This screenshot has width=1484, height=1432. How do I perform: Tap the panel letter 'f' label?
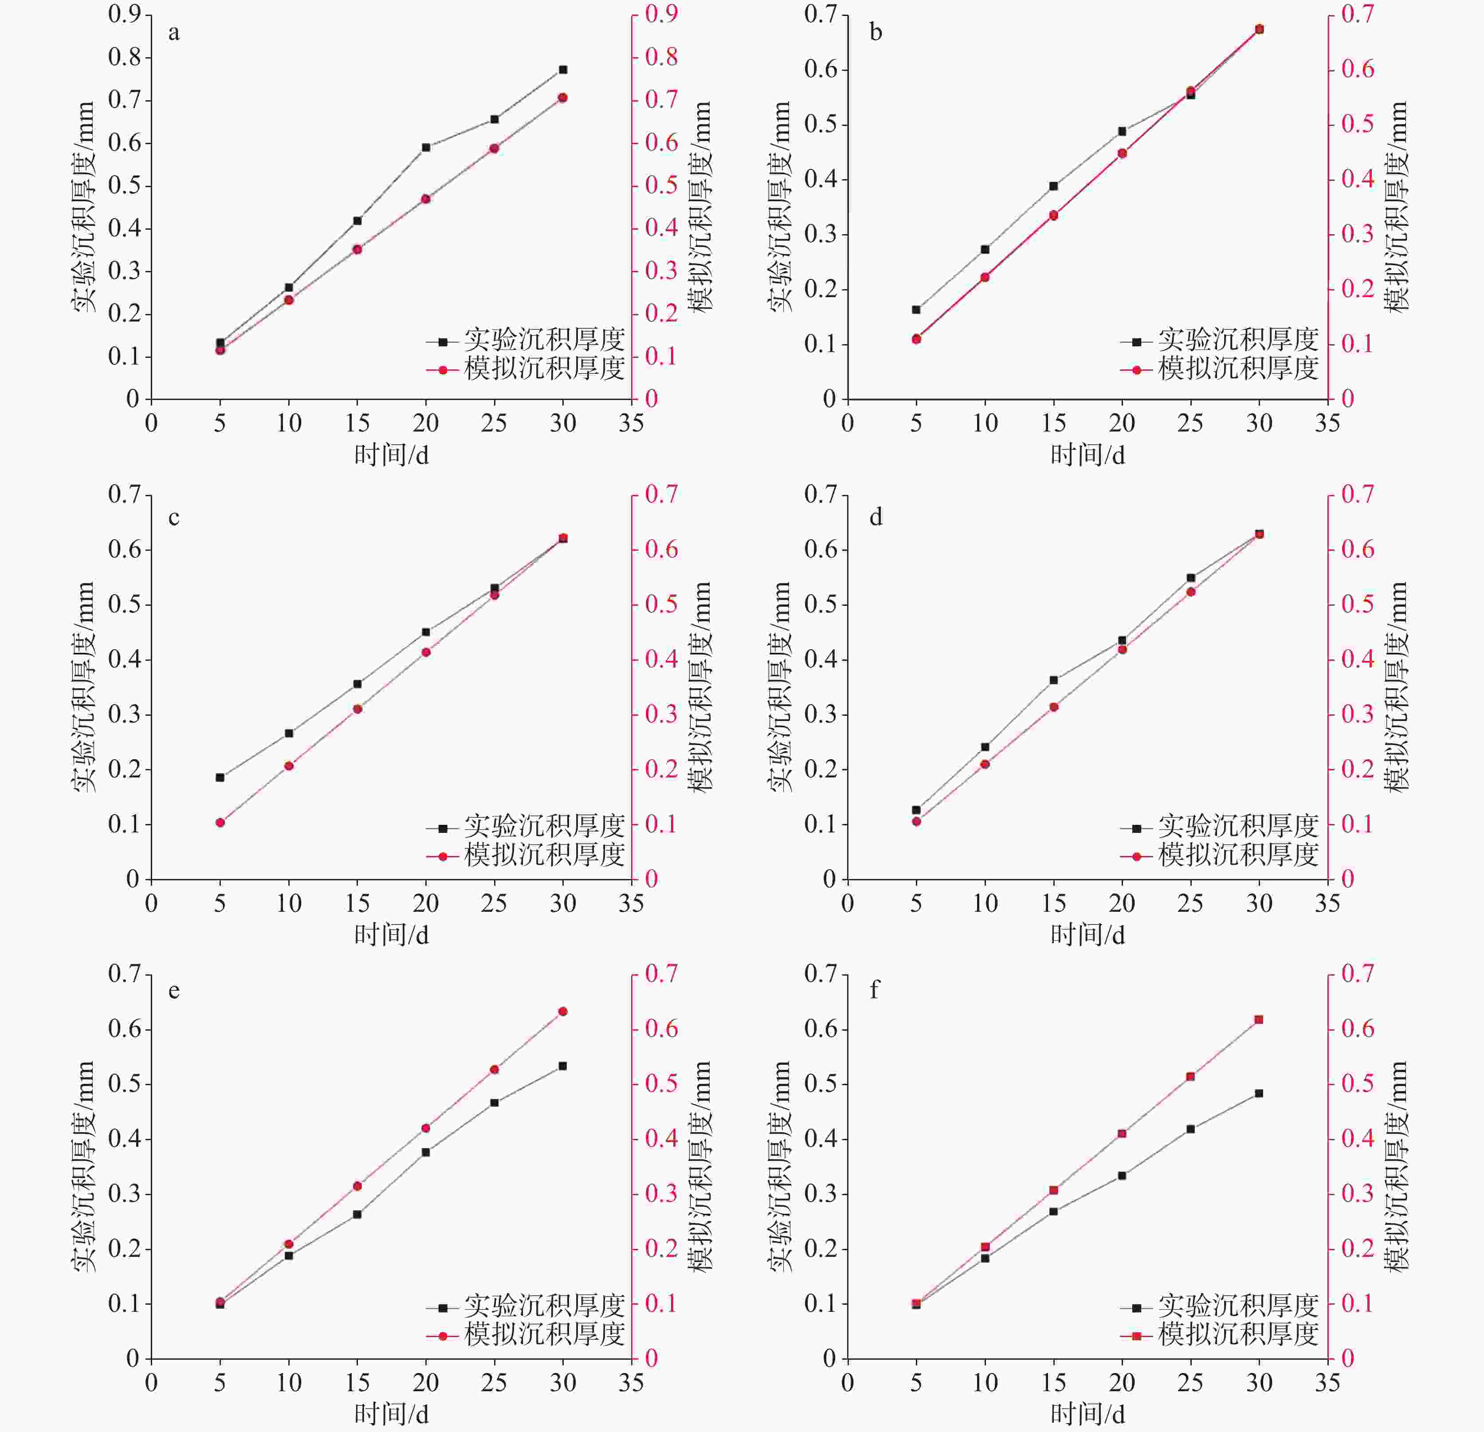875,990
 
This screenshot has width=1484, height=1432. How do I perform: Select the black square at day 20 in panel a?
425,147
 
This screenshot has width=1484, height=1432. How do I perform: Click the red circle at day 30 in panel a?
562,98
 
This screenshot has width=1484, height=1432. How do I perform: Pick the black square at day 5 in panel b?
916,309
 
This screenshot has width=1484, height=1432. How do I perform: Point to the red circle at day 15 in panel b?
1053,215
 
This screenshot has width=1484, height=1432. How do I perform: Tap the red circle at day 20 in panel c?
425,652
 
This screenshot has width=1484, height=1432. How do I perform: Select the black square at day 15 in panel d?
1053,680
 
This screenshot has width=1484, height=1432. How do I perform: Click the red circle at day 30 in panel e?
562,1011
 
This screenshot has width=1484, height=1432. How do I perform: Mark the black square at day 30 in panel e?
562,1066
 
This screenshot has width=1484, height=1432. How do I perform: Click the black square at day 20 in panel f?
1122,1175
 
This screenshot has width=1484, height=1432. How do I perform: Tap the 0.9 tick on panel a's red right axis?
661,14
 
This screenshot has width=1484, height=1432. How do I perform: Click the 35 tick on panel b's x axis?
1327,423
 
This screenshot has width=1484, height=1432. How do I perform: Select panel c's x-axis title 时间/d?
392,934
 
